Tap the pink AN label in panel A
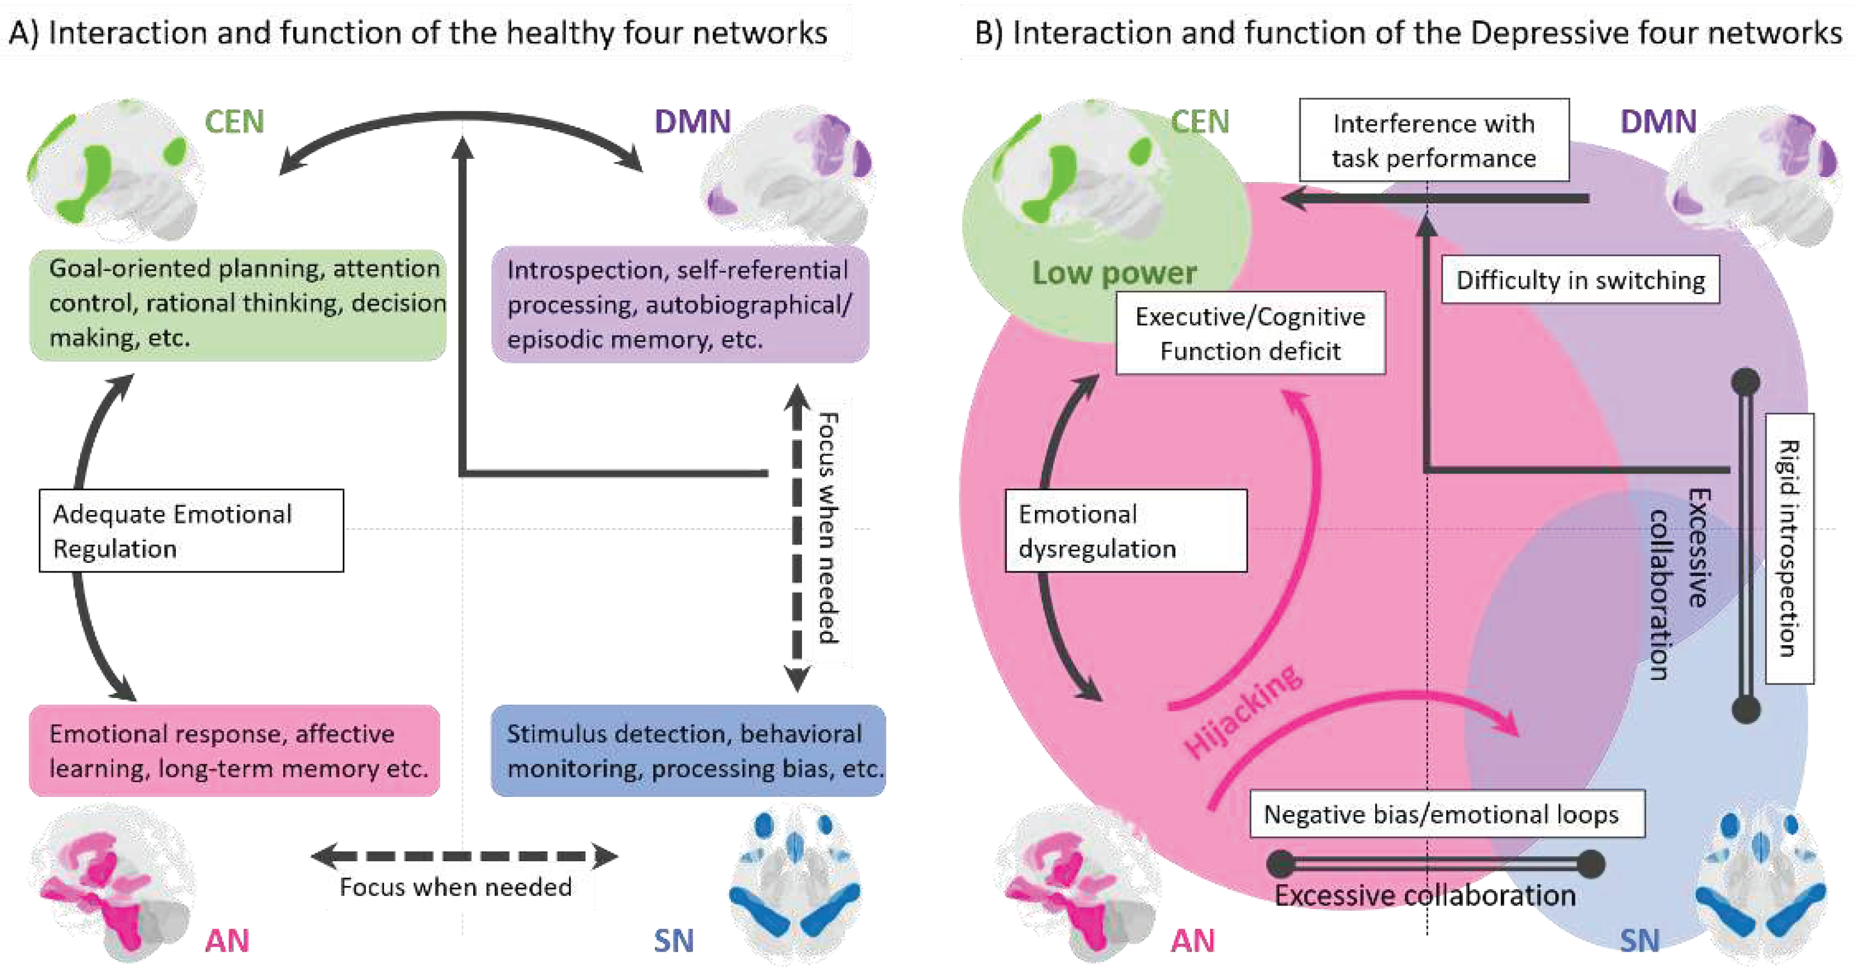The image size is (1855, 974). point(227,940)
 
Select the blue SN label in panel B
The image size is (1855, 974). point(1639,940)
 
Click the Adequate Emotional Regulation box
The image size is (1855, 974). point(191,531)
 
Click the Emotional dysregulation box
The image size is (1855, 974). point(1125,531)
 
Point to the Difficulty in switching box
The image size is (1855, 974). point(1580,280)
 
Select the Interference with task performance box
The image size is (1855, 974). point(1434,140)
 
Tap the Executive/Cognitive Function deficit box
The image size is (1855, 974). point(1250,334)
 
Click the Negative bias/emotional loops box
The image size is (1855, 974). point(1447,814)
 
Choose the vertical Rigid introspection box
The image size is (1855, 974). point(1789,548)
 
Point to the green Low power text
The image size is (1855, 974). point(1114,273)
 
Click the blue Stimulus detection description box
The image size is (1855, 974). point(688,750)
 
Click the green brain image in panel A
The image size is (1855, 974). point(115,169)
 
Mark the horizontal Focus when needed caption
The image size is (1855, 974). point(455,887)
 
